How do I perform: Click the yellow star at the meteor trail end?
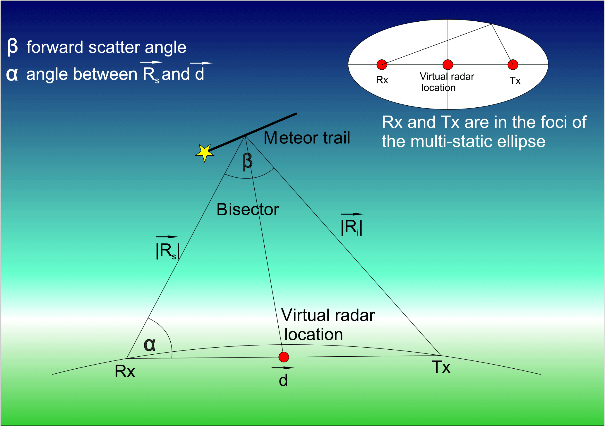[205, 152]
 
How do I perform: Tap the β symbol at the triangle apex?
[247, 162]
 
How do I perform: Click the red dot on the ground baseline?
[284, 357]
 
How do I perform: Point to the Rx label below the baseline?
[125, 372]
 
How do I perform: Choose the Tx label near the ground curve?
[441, 367]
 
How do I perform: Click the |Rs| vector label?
[167, 251]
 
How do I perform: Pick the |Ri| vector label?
[352, 227]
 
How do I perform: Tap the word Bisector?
[248, 209]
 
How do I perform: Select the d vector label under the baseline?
[283, 380]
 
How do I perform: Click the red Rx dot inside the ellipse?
[382, 64]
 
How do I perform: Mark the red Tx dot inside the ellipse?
[513, 64]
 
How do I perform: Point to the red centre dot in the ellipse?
[448, 64]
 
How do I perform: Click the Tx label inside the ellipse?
[515, 81]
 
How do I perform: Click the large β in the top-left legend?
[13, 47]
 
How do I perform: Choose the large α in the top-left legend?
[12, 74]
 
